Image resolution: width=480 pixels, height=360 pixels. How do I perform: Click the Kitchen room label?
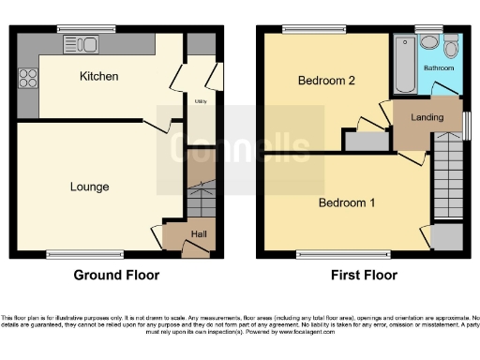tap(98, 76)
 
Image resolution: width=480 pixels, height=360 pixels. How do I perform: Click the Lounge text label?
tap(89, 187)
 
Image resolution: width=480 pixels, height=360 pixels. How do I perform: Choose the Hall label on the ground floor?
tap(199, 234)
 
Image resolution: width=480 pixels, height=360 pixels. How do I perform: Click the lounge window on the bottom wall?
tap(85, 254)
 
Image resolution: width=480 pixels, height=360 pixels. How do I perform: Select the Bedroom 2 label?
tap(326, 82)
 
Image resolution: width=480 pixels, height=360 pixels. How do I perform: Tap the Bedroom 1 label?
tap(346, 202)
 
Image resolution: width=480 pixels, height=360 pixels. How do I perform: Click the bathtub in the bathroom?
tap(405, 64)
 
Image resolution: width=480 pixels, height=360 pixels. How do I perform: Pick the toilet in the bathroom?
tap(451, 46)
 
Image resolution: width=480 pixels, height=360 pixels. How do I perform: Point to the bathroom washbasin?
tap(428, 42)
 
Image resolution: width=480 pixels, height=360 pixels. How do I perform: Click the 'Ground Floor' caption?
tap(116, 276)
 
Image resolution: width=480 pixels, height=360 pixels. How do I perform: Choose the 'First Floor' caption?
tap(364, 276)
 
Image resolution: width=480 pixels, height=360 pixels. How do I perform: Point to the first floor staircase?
tap(448, 178)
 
